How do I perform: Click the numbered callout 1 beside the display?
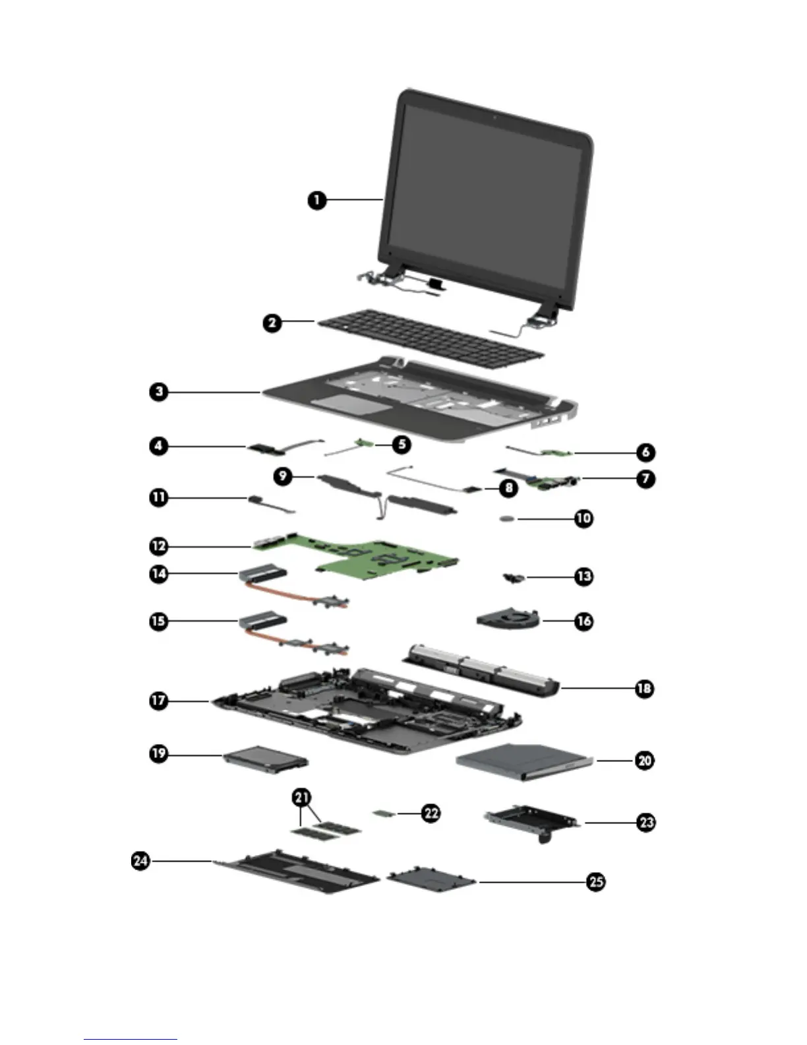point(317,199)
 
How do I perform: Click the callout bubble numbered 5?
point(401,445)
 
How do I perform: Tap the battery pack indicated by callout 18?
point(481,670)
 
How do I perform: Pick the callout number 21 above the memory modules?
point(301,797)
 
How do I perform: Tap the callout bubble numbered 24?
point(140,861)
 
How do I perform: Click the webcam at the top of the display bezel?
point(494,119)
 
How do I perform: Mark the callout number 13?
point(583,576)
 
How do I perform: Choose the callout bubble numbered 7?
point(645,478)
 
